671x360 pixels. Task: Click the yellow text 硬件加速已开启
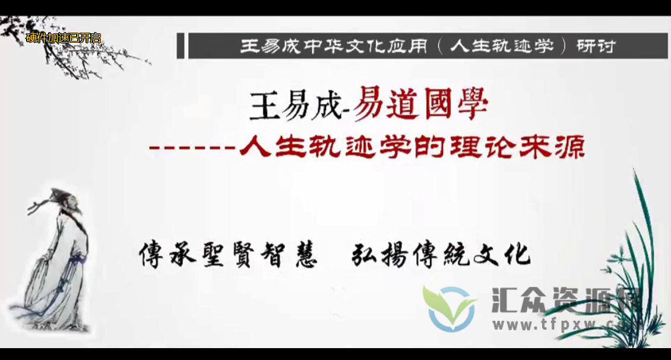(x=64, y=39)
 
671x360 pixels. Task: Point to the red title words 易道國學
(x=421, y=107)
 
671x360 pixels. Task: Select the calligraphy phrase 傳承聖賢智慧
(x=229, y=254)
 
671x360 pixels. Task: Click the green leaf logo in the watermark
(x=450, y=307)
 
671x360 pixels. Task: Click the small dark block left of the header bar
(x=180, y=46)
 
